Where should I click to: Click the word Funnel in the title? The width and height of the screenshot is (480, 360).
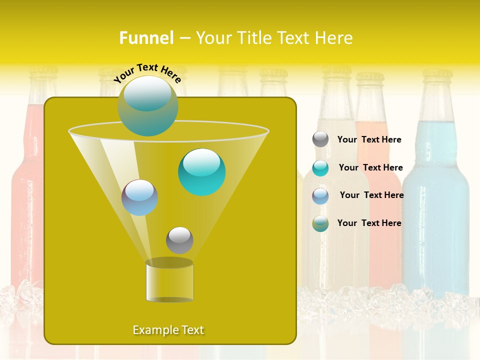click(146, 38)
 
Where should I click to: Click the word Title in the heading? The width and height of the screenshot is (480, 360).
click(254, 38)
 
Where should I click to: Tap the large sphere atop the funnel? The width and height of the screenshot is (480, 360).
click(147, 106)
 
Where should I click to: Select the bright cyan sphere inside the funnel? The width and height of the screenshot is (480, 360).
click(201, 172)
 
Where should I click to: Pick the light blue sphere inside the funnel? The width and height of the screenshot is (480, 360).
click(139, 197)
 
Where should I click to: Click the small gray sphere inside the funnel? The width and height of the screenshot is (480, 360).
click(179, 240)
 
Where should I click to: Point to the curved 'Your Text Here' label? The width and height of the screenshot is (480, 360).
click(147, 73)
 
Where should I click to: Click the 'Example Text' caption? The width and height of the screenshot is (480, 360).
click(168, 330)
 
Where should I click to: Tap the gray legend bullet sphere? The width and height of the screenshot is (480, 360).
click(320, 139)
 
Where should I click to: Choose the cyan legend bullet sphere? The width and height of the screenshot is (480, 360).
click(320, 168)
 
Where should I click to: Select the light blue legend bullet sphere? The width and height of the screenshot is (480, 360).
click(320, 196)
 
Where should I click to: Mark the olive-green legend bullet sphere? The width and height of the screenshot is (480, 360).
click(320, 223)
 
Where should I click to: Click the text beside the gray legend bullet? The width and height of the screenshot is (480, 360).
click(369, 139)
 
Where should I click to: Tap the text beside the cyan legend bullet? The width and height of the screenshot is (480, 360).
click(370, 167)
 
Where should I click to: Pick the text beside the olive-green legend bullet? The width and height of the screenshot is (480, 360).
click(369, 223)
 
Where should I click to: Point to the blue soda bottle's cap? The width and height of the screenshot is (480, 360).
click(437, 76)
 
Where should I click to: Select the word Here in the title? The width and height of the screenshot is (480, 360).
click(334, 38)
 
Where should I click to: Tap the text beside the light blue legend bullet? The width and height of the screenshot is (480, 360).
click(371, 195)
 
